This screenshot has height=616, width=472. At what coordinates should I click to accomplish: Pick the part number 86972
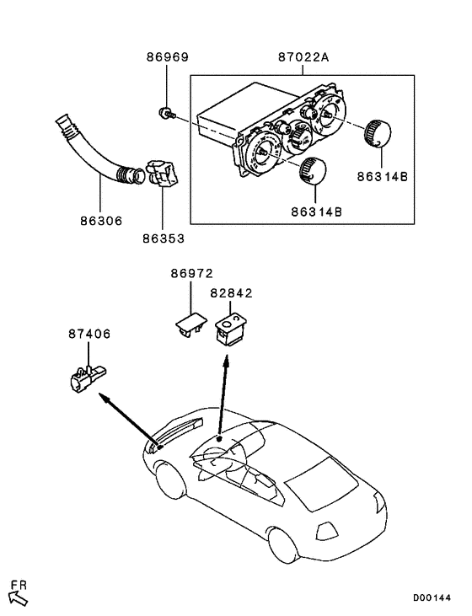tap(192, 274)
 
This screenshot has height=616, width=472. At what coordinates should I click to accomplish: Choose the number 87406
tap(89, 335)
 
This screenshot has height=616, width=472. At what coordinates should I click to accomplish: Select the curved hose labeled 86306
tap(88, 152)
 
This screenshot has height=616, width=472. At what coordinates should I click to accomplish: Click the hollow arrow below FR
tap(19, 598)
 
